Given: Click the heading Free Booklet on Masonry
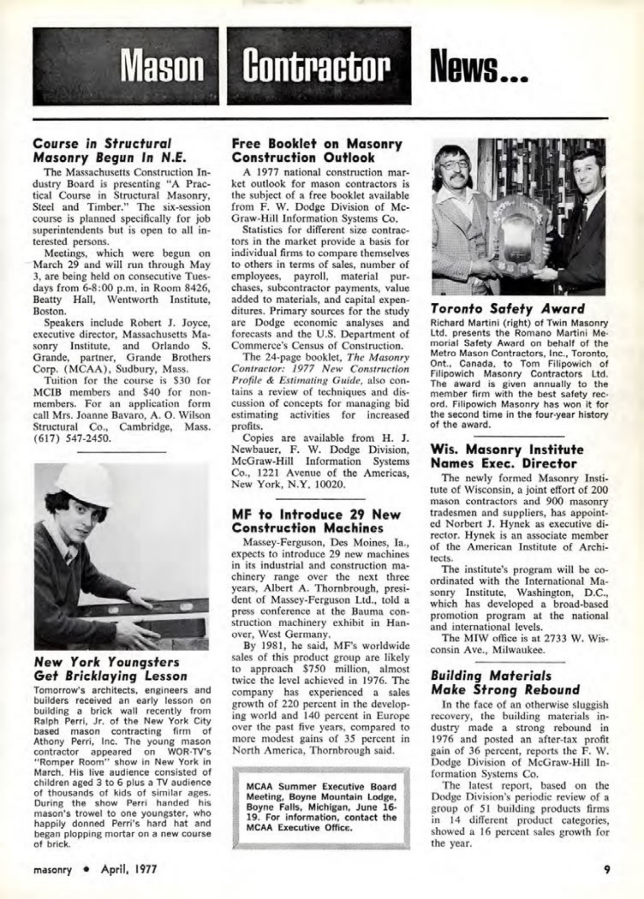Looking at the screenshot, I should pyautogui.click(x=317, y=151).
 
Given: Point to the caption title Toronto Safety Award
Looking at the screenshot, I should pyautogui.click(x=507, y=309).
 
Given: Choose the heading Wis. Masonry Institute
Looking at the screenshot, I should pyautogui.click(x=507, y=456).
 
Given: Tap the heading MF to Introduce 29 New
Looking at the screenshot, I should pyautogui.click(x=316, y=521).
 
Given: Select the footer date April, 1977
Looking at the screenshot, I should pyautogui.click(x=129, y=868).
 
